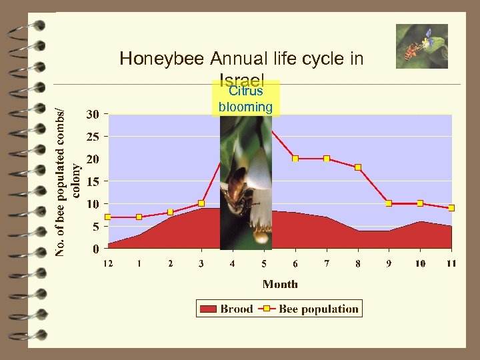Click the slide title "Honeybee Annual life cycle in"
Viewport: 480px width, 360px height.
click(241, 59)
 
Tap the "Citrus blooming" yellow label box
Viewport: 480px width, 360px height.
click(245, 99)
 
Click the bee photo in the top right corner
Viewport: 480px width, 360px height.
click(421, 46)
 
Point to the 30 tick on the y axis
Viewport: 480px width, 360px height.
click(93, 114)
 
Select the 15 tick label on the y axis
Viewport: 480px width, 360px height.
click(93, 181)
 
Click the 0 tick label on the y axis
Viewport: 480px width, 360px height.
click(96, 249)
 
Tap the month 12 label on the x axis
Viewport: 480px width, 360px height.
click(108, 263)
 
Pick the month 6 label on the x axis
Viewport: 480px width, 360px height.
click(295, 263)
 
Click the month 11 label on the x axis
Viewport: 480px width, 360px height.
click(451, 263)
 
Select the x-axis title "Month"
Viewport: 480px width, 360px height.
click(280, 284)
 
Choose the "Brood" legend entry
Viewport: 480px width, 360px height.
click(227, 309)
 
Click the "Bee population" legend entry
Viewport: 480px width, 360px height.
click(311, 309)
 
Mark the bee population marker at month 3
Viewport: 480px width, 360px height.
click(201, 203)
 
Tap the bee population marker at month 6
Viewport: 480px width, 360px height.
click(295, 159)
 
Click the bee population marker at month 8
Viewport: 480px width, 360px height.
click(358, 167)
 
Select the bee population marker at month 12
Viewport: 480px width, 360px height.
click(108, 217)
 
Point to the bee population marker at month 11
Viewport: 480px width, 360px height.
click(451, 208)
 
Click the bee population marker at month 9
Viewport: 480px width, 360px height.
click(389, 203)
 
